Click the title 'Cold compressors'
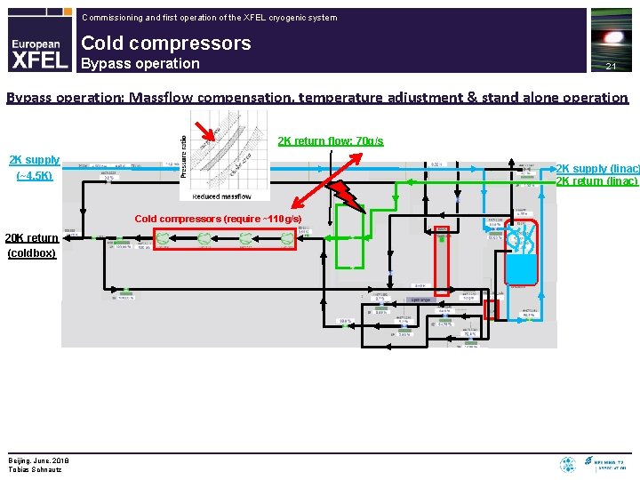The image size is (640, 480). coord(165,43)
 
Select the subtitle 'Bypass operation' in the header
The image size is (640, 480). coord(140,63)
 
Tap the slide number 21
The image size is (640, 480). coord(611,67)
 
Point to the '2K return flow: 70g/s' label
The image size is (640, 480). coord(331,141)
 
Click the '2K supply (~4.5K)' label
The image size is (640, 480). coord(35,167)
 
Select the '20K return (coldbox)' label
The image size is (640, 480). coord(32,245)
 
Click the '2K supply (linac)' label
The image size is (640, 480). coord(596,169)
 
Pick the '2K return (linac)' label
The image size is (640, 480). coord(596,181)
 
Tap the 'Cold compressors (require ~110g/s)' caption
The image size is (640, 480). coord(218,219)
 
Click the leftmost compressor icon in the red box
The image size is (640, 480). coord(166,239)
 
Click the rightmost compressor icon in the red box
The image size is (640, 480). coord(287,239)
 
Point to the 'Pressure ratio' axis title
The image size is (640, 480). coord(184,154)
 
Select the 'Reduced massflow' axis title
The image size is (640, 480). coord(221,196)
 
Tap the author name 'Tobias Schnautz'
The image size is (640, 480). coord(35,468)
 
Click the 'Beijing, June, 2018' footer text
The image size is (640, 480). coord(40,460)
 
